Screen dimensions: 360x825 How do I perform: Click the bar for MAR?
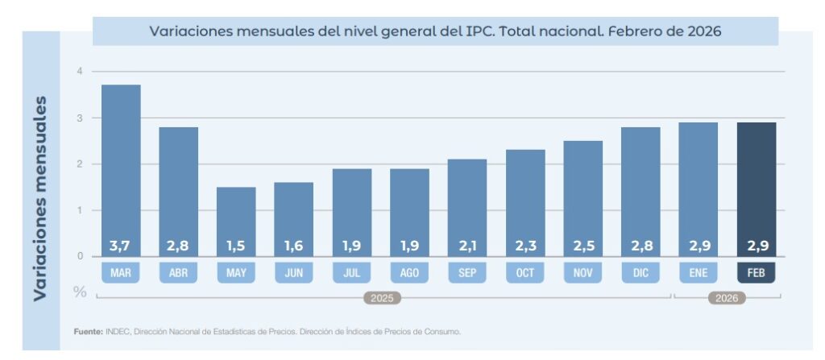(121, 169)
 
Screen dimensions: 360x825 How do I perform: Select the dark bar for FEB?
(757, 188)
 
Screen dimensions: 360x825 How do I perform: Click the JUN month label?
(294, 273)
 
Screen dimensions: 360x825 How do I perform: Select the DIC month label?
(641, 273)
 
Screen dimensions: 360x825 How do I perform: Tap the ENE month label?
(699, 273)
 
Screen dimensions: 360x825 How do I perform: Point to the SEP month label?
(467, 273)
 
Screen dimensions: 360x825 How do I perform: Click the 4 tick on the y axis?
(80, 72)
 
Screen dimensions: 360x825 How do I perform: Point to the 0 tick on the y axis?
(80, 256)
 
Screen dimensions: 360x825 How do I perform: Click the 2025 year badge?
(382, 298)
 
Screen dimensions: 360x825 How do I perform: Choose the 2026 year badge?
(727, 298)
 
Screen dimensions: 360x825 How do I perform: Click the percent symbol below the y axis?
(80, 291)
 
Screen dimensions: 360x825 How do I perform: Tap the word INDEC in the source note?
(118, 332)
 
